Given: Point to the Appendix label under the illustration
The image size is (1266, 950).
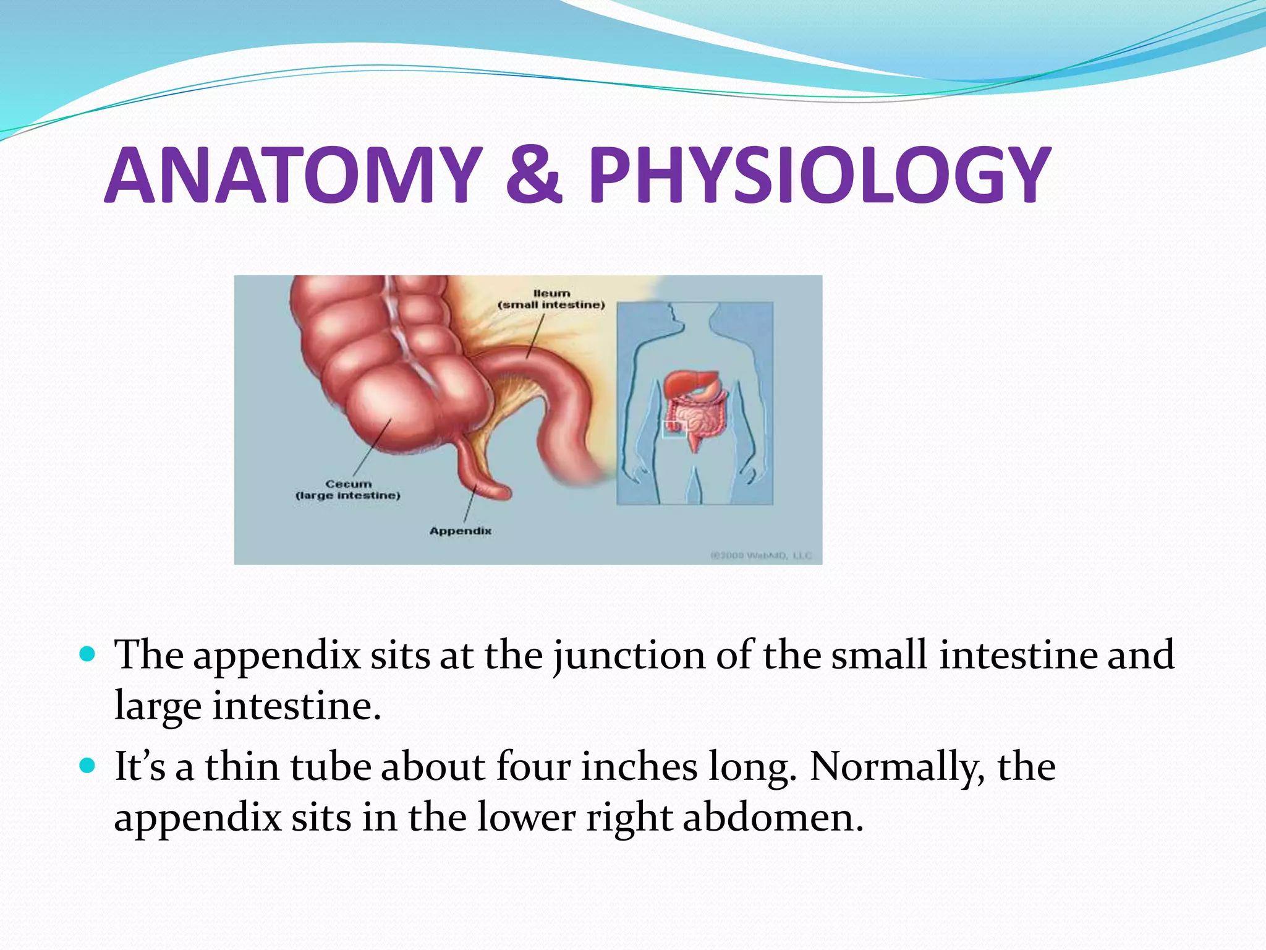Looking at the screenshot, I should (461, 531).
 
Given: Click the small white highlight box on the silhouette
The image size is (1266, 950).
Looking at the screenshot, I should (674, 429).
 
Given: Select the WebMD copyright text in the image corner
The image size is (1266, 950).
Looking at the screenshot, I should (761, 555).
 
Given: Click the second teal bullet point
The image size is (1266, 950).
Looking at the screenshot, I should (88, 766).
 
